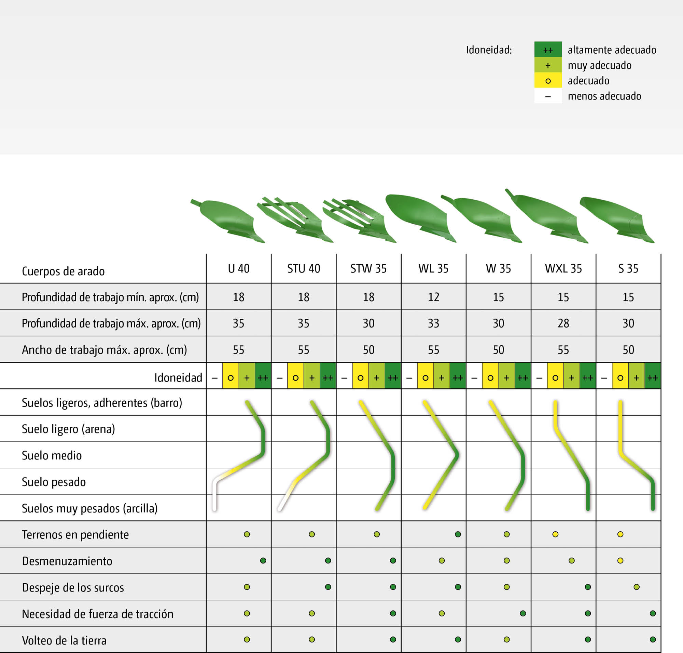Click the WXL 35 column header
point(563,269)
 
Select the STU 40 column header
point(304,269)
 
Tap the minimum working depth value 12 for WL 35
point(433,297)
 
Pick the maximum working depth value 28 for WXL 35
point(563,323)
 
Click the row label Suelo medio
point(52,456)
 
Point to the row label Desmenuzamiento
point(67,561)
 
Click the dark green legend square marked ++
point(548,50)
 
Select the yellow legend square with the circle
point(548,81)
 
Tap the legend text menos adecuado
point(604,96)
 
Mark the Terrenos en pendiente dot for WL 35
point(458,534)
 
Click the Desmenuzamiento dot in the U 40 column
point(263,561)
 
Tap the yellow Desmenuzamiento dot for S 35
point(620,561)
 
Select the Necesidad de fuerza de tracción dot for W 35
point(523,613)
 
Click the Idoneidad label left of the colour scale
point(178,378)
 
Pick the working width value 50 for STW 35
point(368,350)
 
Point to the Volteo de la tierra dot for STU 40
point(311,639)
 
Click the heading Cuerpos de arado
point(63,271)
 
